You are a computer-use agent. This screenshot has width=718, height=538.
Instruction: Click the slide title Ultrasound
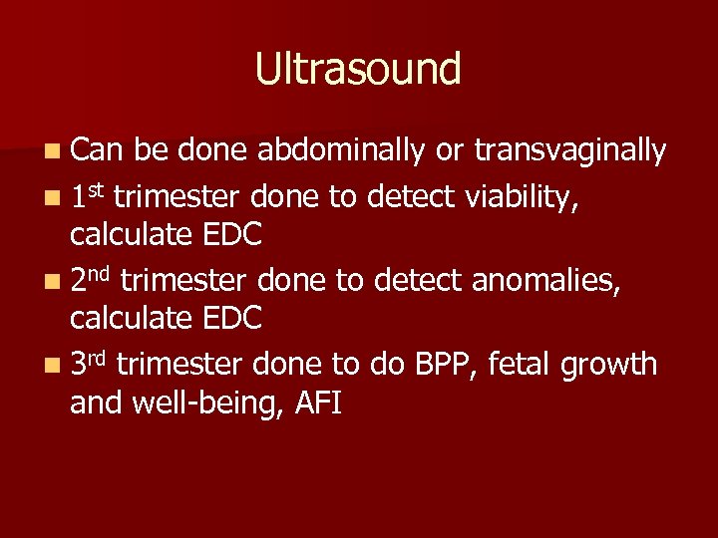click(x=358, y=70)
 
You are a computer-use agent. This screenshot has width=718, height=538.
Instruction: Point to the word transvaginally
click(x=570, y=150)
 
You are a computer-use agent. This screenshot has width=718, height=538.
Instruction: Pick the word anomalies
click(x=543, y=282)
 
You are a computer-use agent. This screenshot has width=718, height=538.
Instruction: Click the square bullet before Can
click(x=51, y=152)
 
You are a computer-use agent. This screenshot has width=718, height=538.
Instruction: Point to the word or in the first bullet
click(x=449, y=152)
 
